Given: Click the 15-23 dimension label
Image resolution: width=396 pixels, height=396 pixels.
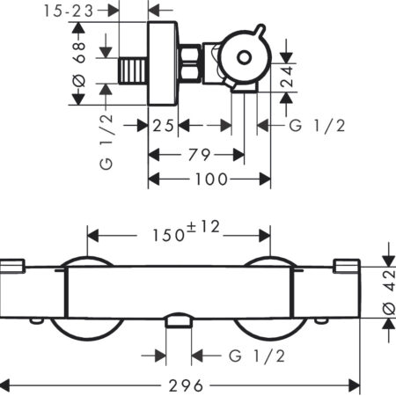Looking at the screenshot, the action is tap(69, 11).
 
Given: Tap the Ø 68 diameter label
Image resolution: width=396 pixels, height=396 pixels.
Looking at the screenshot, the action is tap(79, 64).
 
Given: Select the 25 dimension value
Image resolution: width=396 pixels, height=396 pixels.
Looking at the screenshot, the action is tap(163, 126).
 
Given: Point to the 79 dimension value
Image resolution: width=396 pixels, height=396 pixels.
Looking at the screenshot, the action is tap(199, 155).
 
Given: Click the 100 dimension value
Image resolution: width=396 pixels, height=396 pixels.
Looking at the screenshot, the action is tap(211, 179).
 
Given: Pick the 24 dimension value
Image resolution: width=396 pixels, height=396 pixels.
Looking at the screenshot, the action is tap(287, 77).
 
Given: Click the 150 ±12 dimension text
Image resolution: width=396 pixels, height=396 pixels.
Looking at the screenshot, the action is tap(186, 231).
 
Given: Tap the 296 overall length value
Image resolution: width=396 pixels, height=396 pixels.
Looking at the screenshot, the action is tap(186, 385).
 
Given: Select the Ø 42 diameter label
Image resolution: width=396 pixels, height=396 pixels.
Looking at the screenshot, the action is tap(390, 292).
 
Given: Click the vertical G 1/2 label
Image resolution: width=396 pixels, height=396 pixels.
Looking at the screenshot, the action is tap(106, 142).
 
